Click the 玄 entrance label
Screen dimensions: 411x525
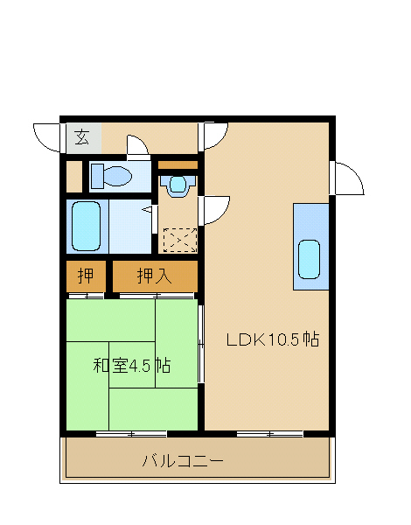pyautogui.click(x=82, y=137)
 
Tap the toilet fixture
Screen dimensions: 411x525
pyautogui.click(x=111, y=176)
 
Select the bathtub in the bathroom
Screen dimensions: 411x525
pyautogui.click(x=87, y=226)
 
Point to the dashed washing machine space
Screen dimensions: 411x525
pyautogui.click(x=180, y=240)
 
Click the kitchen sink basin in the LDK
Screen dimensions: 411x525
pyautogui.click(x=309, y=260)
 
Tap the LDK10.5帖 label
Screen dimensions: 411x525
pyautogui.click(x=273, y=339)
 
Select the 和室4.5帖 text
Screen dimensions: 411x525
pyautogui.click(x=132, y=365)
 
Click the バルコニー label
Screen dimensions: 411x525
pyautogui.click(x=183, y=461)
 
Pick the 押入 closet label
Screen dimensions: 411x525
pyautogui.click(x=154, y=276)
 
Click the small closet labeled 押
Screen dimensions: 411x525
pyautogui.click(x=86, y=276)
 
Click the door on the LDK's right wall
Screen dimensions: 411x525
pyautogui.click(x=347, y=178)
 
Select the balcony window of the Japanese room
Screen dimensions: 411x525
pyautogui.click(x=131, y=434)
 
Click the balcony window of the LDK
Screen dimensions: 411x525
pyautogui.click(x=270, y=434)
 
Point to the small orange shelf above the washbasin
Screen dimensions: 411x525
pyautogui.click(x=178, y=165)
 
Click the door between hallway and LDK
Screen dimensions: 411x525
pyautogui.click(x=213, y=136)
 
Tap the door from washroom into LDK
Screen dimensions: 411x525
pyautogui.click(x=214, y=210)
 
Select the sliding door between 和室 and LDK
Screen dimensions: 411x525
pyautogui.click(x=201, y=344)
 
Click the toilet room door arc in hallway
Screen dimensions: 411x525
pyautogui.click(x=137, y=145)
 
